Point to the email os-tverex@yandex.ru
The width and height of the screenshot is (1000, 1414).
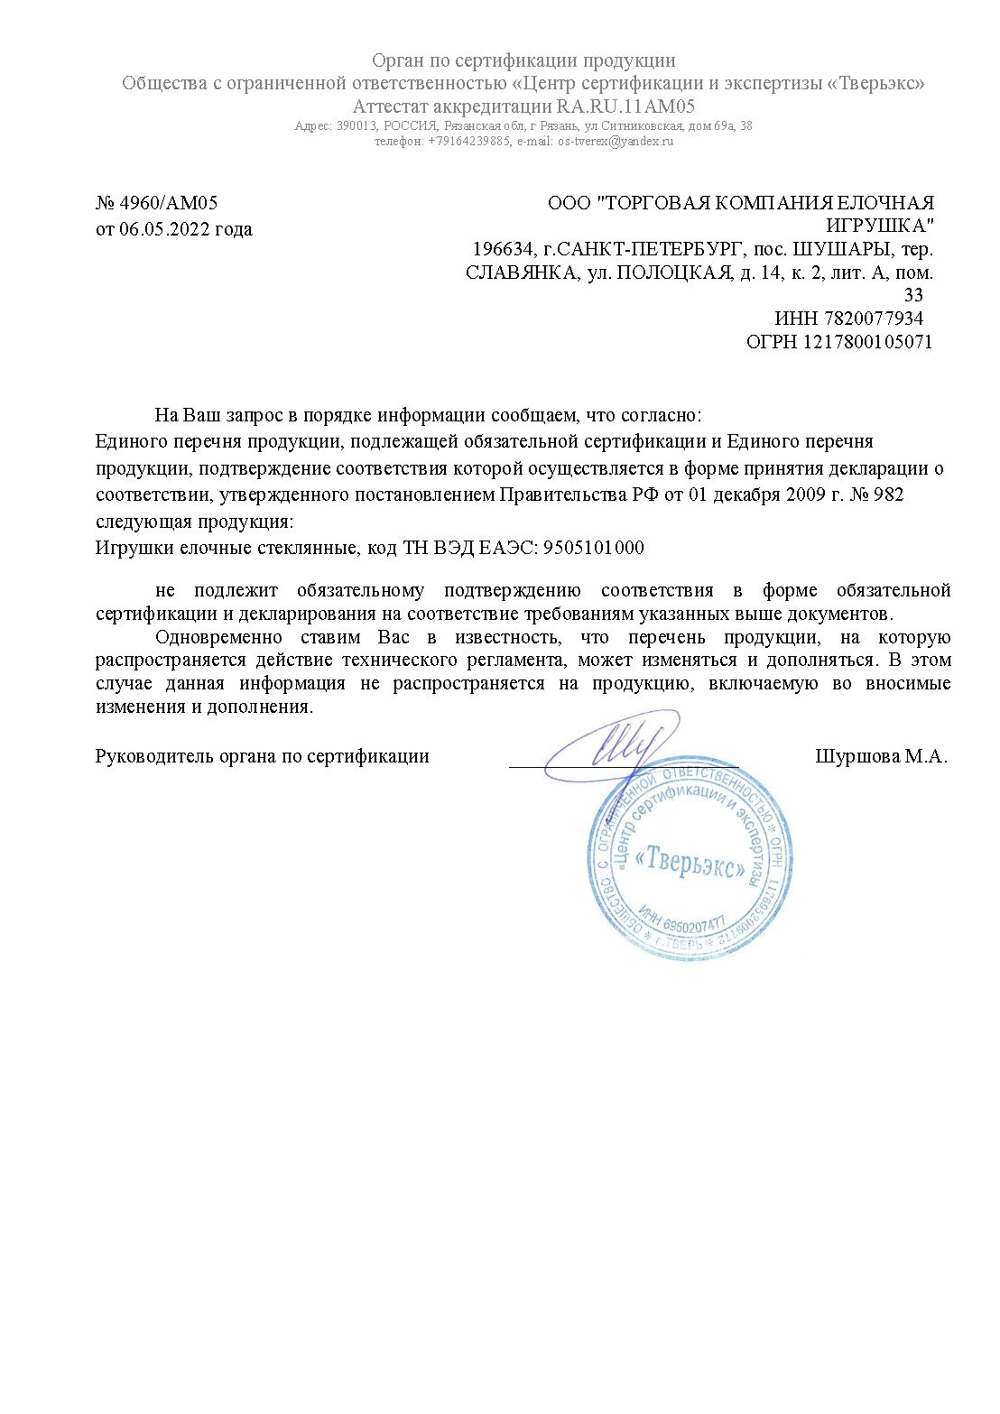616,142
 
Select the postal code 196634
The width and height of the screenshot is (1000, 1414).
499,249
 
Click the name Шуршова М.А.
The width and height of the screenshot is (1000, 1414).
881,756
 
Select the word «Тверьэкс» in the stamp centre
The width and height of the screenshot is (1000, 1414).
690,862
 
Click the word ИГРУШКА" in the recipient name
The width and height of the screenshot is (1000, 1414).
880,226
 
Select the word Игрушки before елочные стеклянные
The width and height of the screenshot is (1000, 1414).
132,549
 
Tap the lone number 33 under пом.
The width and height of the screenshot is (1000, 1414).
913,295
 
